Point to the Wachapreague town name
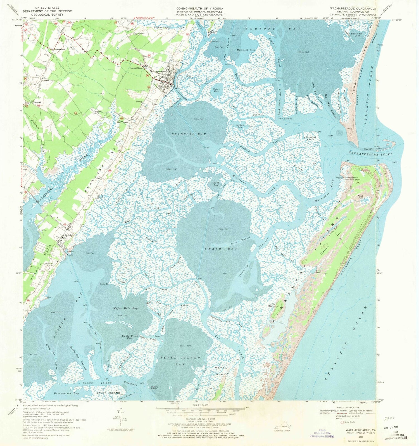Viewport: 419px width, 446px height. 158,71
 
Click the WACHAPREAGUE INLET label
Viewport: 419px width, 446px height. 370,154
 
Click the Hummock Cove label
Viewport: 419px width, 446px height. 246,50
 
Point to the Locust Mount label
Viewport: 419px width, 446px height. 137,68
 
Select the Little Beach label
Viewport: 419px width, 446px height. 272,305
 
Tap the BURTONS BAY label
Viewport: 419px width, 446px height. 269,29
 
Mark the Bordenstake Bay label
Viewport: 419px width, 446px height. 66,393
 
